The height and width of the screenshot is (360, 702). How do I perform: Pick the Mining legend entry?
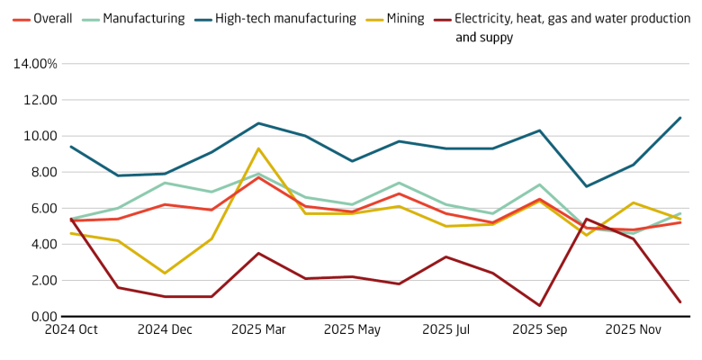tap(403, 19)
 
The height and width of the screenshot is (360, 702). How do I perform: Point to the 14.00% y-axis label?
tap(33, 64)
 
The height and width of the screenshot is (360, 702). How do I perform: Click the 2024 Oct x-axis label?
tap(71, 330)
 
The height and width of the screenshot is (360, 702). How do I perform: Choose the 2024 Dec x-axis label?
tap(165, 330)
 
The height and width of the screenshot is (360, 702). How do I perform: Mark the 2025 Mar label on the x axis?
tap(258, 330)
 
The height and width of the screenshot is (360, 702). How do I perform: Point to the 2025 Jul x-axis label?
tap(445, 330)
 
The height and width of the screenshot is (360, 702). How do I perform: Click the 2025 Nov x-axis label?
tap(633, 330)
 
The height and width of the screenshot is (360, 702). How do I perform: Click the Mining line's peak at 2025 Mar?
tap(258, 148)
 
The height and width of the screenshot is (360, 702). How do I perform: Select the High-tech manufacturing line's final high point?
tap(679, 118)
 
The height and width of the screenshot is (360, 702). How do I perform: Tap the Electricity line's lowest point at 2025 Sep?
tap(539, 305)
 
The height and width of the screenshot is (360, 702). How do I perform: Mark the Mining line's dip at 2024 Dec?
tap(165, 273)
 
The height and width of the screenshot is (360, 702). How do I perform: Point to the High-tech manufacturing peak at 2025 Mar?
tap(258, 123)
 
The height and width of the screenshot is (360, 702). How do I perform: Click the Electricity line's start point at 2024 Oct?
tap(71, 218)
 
